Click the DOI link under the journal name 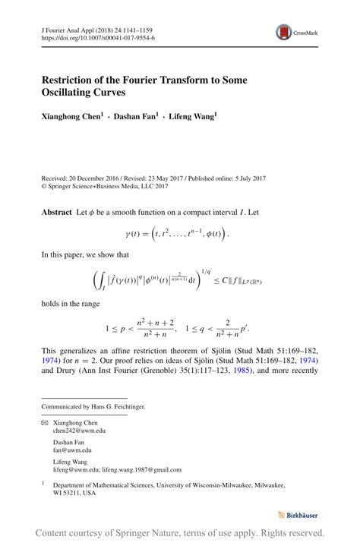pyautogui.click(x=98, y=36)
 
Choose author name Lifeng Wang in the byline pyautogui.click(x=192, y=117)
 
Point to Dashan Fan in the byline pyautogui.click(x=135, y=117)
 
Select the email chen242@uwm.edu pyautogui.click(x=80, y=431)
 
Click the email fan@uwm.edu pyautogui.click(x=73, y=450)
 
